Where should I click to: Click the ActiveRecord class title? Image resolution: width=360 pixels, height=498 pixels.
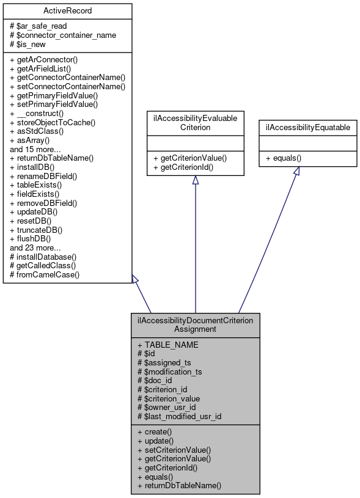[67, 12]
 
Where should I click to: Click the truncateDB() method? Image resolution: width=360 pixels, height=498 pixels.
[40, 230]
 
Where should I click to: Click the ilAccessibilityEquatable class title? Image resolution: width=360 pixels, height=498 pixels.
[308, 128]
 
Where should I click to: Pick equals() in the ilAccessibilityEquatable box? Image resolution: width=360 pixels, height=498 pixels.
[287, 157]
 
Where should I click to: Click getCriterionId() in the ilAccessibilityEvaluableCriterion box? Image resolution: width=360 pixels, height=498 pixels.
[186, 167]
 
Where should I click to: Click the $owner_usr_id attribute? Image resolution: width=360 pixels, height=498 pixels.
[167, 408]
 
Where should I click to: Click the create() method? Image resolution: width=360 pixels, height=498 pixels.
[156, 431]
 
